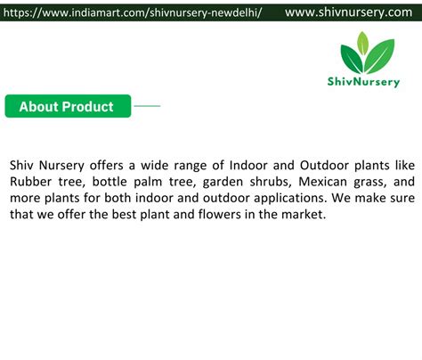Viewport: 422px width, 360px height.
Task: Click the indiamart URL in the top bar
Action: (x=133, y=12)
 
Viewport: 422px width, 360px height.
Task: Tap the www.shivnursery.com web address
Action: (x=348, y=12)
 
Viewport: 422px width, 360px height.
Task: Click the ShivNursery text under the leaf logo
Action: (x=363, y=82)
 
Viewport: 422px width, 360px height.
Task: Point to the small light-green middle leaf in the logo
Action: (x=362, y=44)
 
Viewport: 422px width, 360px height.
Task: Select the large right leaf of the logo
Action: (x=380, y=56)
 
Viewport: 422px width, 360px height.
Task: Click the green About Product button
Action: (x=68, y=106)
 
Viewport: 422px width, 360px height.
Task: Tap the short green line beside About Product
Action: (x=147, y=106)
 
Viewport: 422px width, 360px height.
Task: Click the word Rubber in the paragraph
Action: (x=30, y=182)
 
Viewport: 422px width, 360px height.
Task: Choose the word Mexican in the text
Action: (x=322, y=182)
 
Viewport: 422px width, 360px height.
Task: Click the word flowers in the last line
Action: (x=220, y=214)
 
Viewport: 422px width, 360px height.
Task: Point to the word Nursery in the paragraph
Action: (x=61, y=166)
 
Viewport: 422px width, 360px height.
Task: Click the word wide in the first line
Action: (x=154, y=165)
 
